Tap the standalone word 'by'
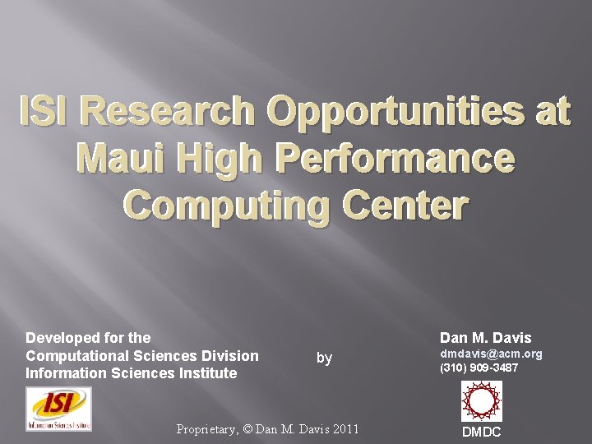pos(325,358)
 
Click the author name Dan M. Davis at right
pos(486,338)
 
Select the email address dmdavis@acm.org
pos(491,354)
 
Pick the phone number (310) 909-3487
pos(479,368)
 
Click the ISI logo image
pos(58,409)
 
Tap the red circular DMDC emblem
pos(481,401)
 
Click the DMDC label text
pos(481,432)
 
